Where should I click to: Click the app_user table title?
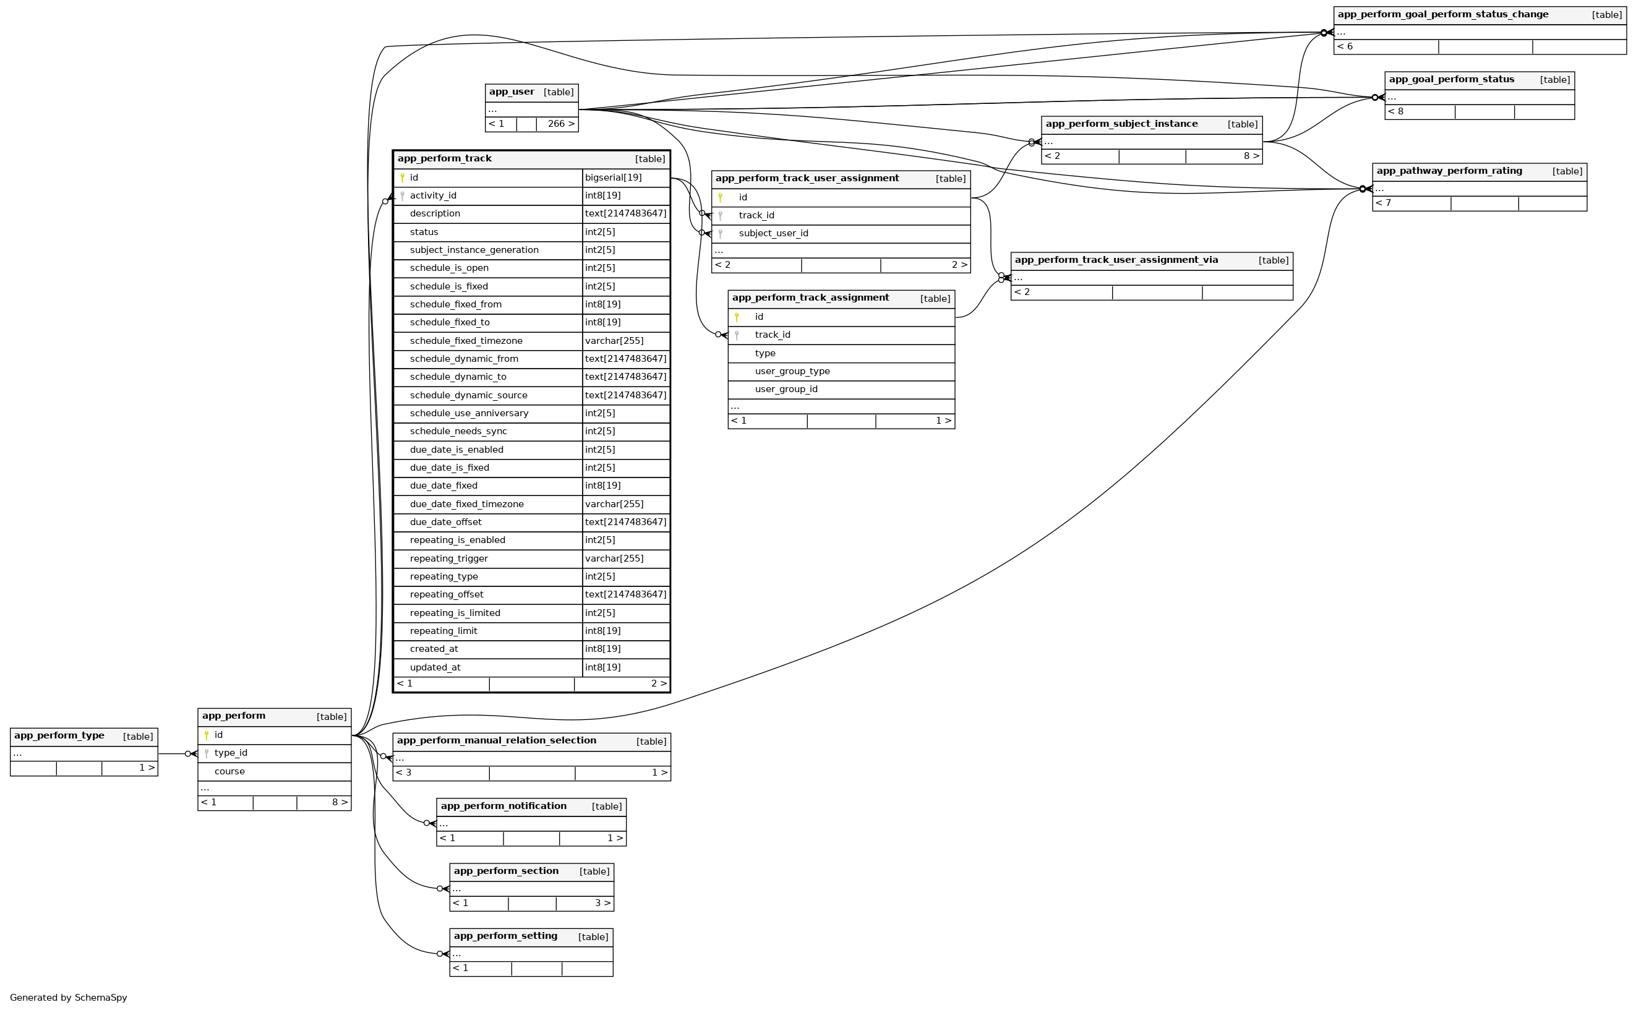[511, 92]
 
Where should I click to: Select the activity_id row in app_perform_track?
[433, 195]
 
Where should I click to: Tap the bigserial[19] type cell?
[612, 178]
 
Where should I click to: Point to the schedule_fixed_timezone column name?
[466, 341]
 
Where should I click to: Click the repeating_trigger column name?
[448, 558]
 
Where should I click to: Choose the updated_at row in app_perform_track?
[435, 667]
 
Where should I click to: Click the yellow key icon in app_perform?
[207, 735]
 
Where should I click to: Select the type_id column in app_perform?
[231, 753]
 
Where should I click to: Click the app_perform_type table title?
[59, 735]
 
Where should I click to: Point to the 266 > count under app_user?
[560, 124]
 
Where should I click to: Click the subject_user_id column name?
[773, 233]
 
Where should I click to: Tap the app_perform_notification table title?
[503, 807]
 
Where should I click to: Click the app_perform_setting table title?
[505, 936]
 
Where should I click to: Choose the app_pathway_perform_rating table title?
[1449, 171]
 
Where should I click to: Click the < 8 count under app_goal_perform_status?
[1395, 111]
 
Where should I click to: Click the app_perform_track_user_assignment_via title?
[1116, 260]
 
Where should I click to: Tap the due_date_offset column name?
[445, 523]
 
